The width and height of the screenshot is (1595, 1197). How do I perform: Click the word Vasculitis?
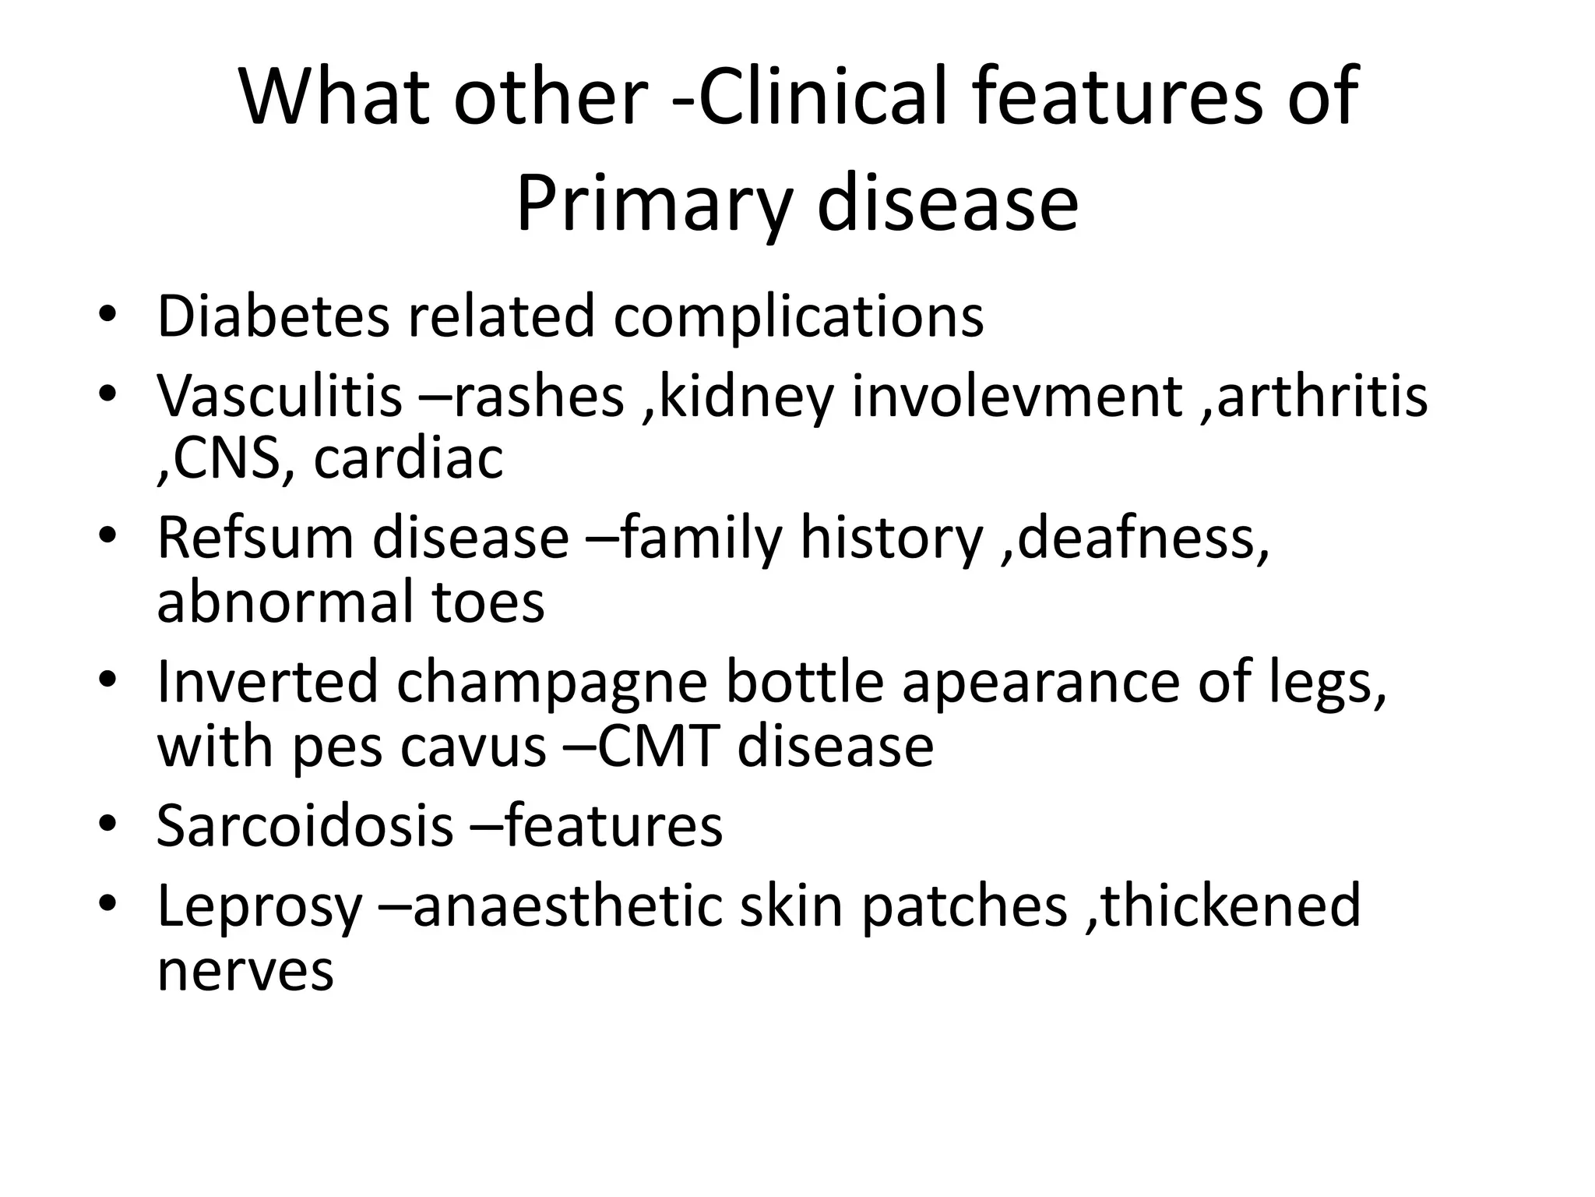pos(279,396)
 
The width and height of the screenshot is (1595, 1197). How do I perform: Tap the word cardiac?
pos(408,458)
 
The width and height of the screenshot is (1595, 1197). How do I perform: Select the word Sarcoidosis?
pos(305,825)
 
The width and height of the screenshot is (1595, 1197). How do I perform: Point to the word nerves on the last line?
pos(245,970)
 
